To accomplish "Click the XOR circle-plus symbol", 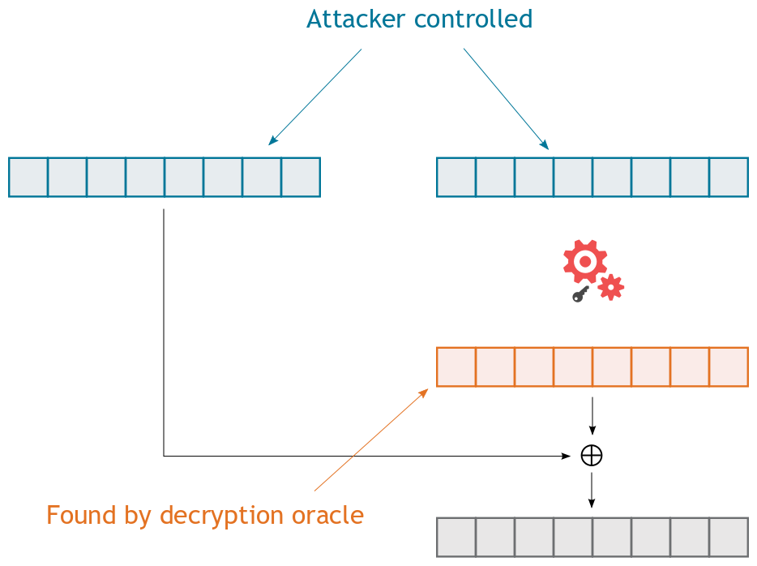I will click(x=592, y=456).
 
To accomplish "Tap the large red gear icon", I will click(x=585, y=260).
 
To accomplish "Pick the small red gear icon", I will click(x=610, y=287).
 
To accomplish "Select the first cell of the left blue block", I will click(x=28, y=178).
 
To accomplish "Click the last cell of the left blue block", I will click(x=301, y=178).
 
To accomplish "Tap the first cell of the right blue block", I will click(x=456, y=178).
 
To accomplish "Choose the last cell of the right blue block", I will click(x=729, y=178).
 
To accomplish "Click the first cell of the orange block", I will click(x=456, y=367).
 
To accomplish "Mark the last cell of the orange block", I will click(x=729, y=367).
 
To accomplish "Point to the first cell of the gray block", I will click(x=456, y=537).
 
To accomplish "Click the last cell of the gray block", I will click(x=729, y=537).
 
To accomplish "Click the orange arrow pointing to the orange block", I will click(x=371, y=440).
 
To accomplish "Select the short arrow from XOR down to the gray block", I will click(x=592, y=490).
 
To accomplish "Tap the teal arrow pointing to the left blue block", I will click(x=314, y=97).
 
